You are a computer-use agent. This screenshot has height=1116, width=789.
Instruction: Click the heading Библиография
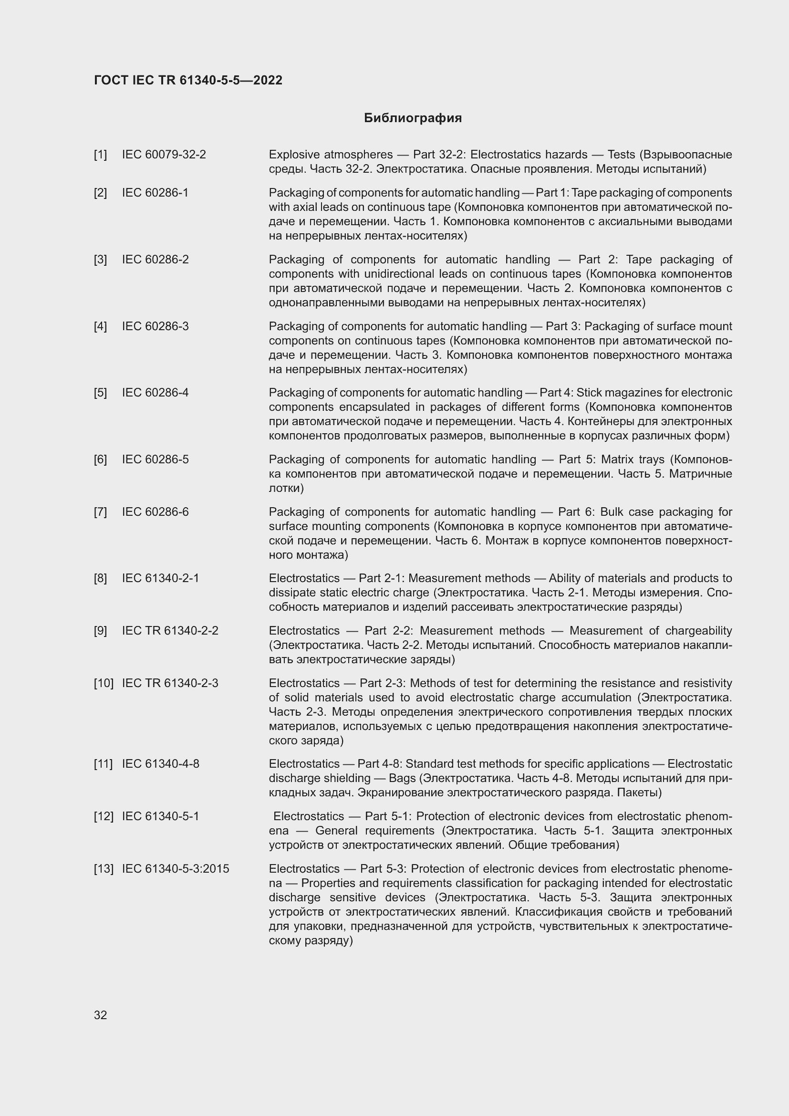[x=413, y=118]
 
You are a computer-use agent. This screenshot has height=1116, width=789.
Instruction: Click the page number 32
[x=101, y=1015]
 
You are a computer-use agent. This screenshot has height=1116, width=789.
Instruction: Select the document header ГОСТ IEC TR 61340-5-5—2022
[x=188, y=80]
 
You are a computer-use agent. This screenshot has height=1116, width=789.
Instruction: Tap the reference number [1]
[x=101, y=155]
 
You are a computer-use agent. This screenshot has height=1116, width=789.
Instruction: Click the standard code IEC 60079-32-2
[x=164, y=155]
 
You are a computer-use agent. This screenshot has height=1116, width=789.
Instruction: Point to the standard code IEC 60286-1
[x=155, y=193]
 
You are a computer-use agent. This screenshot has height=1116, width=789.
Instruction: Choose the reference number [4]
[x=101, y=326]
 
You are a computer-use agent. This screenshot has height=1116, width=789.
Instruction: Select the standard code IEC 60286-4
[x=155, y=393]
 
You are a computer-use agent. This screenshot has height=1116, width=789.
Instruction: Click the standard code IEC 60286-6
[x=155, y=512]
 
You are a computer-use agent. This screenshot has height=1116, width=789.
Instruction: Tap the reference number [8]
[x=101, y=578]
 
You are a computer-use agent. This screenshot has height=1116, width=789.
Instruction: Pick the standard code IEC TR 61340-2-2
[x=170, y=631]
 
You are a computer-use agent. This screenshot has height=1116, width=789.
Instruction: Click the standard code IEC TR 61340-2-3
[x=170, y=683]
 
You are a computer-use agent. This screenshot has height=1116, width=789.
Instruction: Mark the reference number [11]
[x=103, y=764]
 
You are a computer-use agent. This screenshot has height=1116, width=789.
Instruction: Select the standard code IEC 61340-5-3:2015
[x=176, y=868]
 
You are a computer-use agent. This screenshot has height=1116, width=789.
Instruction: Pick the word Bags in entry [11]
[x=402, y=778]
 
